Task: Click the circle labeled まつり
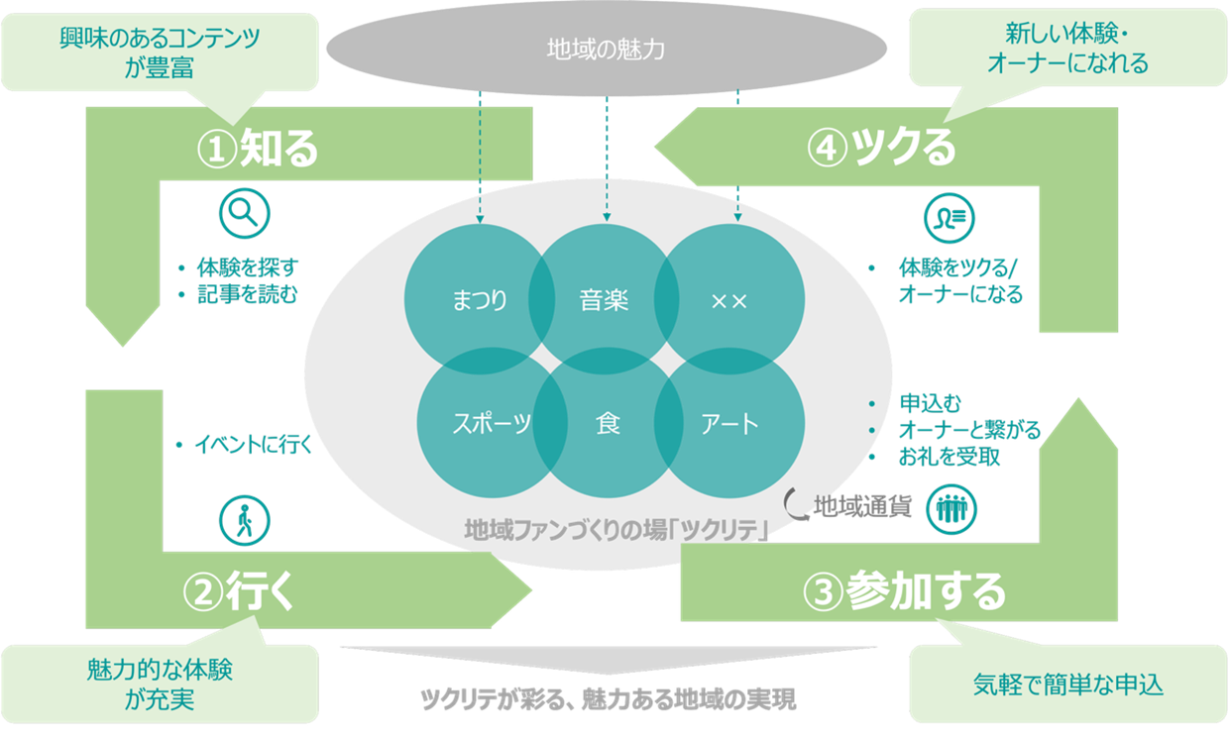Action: click(470, 298)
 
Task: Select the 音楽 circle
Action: click(604, 298)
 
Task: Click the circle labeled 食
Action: click(608, 424)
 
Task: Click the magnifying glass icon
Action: click(244, 213)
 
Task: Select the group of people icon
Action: click(951, 509)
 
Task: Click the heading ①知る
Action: click(258, 148)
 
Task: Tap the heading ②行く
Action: click(240, 591)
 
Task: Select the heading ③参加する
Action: click(905, 591)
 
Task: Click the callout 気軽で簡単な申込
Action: click(1067, 684)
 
